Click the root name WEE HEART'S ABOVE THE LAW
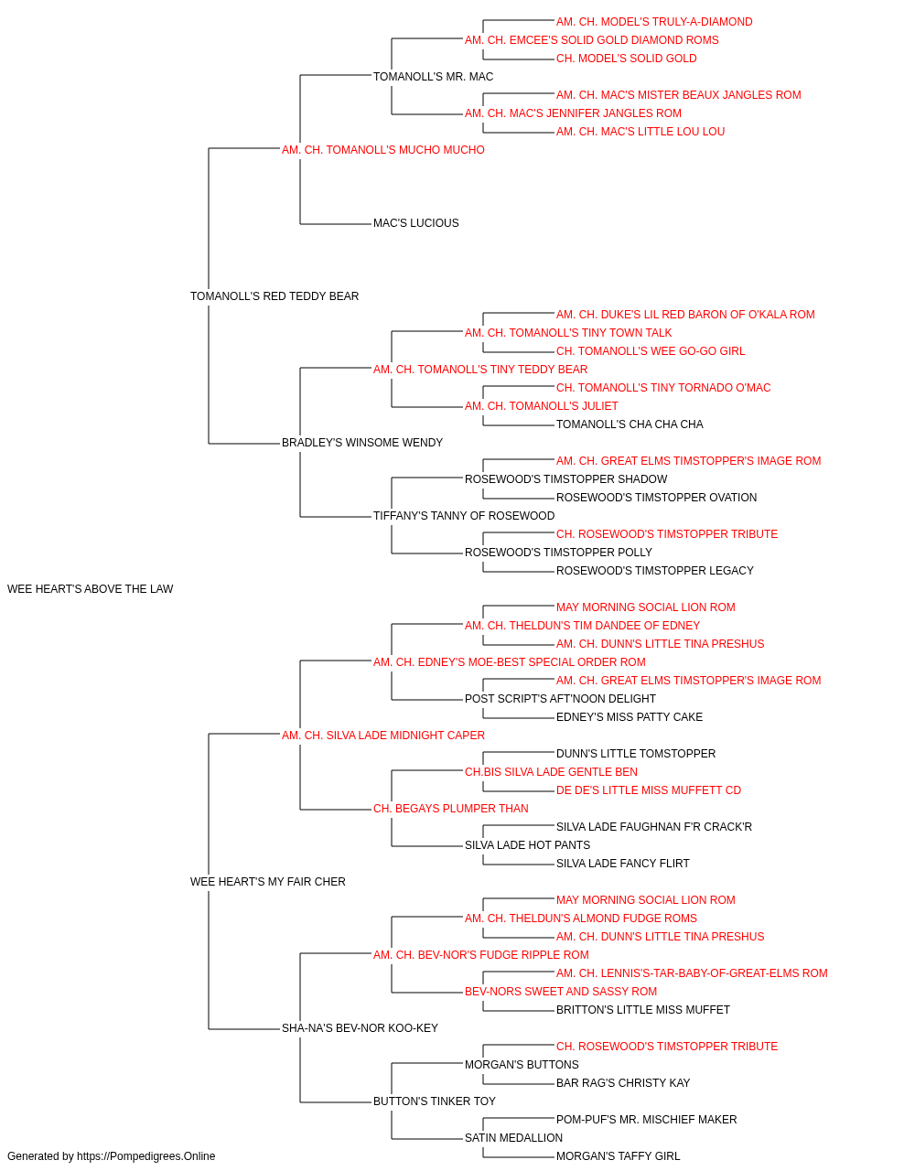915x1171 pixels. pos(90,589)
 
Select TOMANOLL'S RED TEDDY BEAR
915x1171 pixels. pos(274,296)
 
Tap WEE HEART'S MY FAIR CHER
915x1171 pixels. pos(268,882)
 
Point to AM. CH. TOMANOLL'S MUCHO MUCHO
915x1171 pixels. pos(383,150)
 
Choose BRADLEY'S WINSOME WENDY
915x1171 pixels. pos(362,443)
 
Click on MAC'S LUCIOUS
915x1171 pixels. pos(416,223)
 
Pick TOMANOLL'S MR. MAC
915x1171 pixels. pos(433,77)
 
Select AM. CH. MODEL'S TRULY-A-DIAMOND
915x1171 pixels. pos(654,22)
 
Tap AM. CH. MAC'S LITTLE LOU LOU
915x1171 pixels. pos(640,132)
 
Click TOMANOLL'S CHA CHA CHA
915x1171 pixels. pos(630,424)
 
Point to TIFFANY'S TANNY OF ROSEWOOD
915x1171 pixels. pos(464,516)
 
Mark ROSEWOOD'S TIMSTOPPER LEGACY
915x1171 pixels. pos(655,571)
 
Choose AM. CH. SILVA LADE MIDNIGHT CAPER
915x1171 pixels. pos(383,735)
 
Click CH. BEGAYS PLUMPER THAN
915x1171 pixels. pos(450,809)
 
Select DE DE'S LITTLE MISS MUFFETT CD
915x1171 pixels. pos(648,790)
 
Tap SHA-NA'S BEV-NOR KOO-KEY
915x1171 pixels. pos(360,1027)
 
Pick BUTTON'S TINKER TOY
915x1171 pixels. pos(435,1101)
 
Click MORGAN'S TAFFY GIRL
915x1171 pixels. pos(619,1156)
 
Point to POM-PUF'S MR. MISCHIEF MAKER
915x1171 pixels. pos(646,1119)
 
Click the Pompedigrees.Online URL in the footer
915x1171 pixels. pos(146,1156)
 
